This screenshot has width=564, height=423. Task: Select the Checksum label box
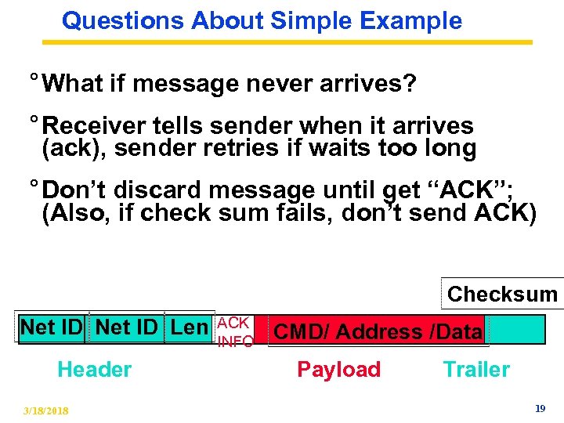pyautogui.click(x=502, y=295)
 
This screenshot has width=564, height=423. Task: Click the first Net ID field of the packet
pyautogui.click(x=52, y=327)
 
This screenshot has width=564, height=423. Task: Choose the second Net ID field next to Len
pyautogui.click(x=127, y=327)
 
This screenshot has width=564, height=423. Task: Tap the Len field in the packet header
pyautogui.click(x=189, y=327)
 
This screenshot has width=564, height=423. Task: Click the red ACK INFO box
pyautogui.click(x=234, y=331)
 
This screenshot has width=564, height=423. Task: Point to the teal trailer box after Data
pyautogui.click(x=515, y=330)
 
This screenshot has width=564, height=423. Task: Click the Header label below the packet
pyautogui.click(x=94, y=370)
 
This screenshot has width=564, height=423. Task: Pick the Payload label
pyautogui.click(x=338, y=370)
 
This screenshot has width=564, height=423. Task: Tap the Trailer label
pyautogui.click(x=476, y=370)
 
